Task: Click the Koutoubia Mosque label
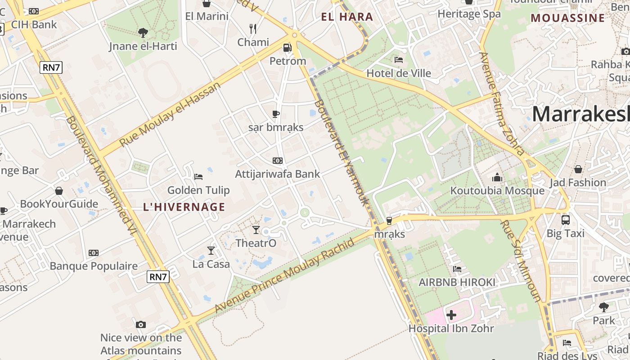point(497,191)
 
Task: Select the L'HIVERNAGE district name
point(184,207)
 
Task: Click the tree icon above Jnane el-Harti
point(143,32)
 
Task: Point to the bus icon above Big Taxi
point(566,220)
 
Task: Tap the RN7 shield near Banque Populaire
point(158,277)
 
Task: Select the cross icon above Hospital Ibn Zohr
point(451,315)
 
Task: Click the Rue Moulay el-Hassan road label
point(171,114)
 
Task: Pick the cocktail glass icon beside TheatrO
point(256,230)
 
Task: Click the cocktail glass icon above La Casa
point(211,250)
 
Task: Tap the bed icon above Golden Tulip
point(198,177)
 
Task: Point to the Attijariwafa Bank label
point(278,174)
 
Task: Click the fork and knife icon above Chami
point(253,29)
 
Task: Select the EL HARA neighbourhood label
point(347,17)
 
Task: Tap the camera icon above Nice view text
point(141,324)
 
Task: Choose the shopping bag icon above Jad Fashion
point(578,169)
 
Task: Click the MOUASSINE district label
point(568,18)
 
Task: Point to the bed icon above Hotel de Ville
point(398,59)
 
